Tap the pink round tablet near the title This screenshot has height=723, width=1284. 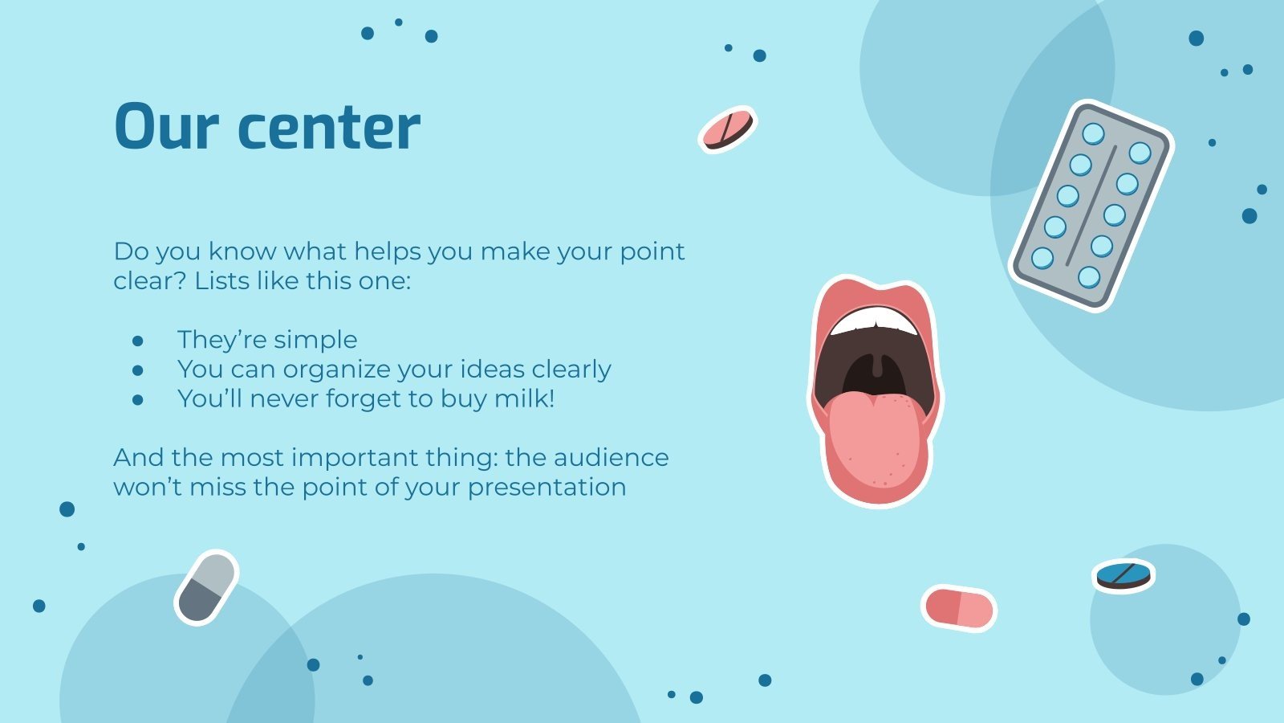coord(727,129)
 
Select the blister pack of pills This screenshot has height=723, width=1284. coord(1091,205)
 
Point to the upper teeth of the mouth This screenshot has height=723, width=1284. coord(875,321)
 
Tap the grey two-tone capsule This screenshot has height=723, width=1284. coord(207,587)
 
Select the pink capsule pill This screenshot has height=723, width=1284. coord(958,608)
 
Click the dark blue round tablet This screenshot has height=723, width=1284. coord(1123,575)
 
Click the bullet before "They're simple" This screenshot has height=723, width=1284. coord(138,341)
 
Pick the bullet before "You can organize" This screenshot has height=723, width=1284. coord(138,370)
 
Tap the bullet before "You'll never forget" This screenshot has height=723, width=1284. coord(138,399)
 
